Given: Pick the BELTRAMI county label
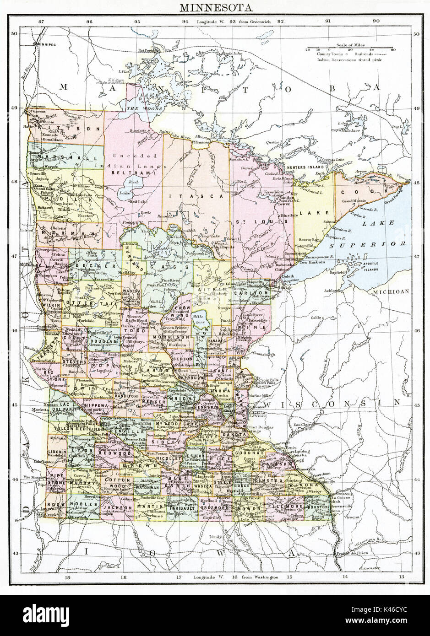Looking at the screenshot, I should point(134,173).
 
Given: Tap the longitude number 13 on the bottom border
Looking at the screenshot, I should point(401,578).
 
